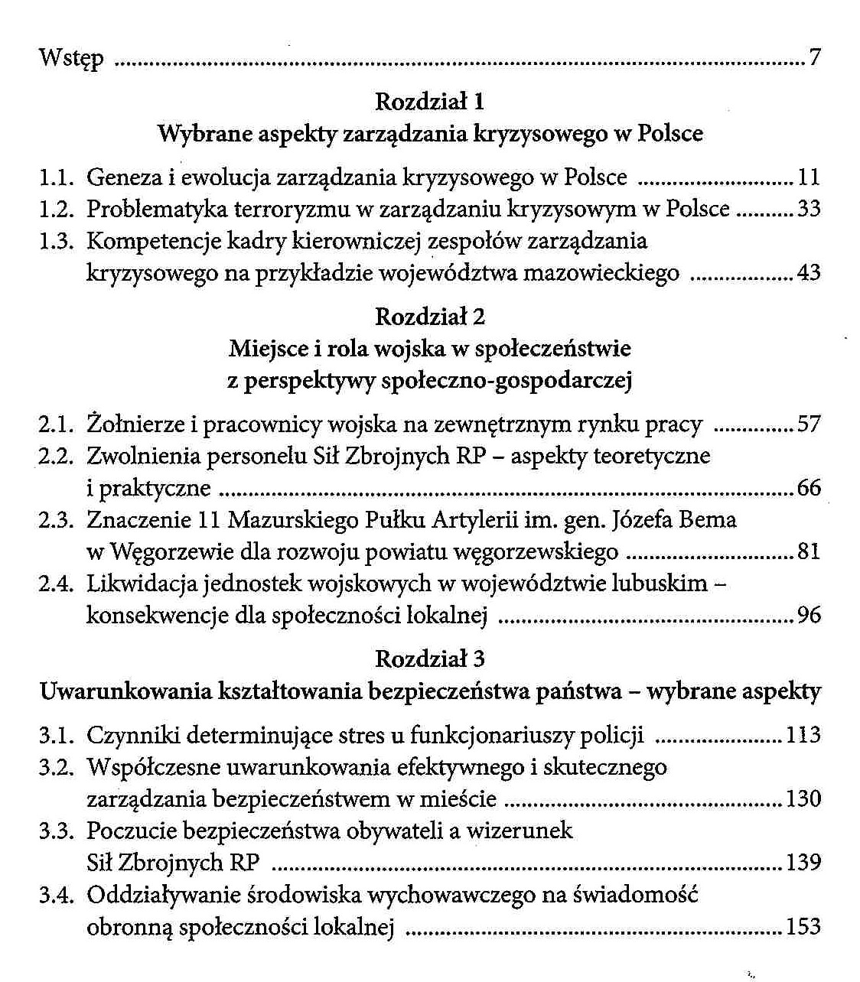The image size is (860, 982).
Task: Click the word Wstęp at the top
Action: click(71, 59)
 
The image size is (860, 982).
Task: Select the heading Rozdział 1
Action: click(430, 101)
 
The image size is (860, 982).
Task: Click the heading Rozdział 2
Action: click(430, 316)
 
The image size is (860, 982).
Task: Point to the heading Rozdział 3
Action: click(430, 658)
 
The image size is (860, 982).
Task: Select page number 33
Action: click(808, 209)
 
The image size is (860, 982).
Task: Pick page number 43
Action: click(808, 273)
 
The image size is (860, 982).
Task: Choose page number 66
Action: click(808, 488)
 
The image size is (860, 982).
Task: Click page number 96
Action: click(808, 615)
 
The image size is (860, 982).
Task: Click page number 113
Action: click(803, 735)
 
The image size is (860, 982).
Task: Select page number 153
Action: click(803, 927)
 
